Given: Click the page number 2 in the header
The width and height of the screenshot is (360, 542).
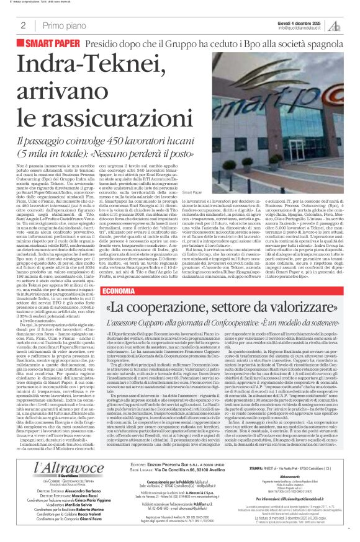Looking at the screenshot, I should pos(22,25).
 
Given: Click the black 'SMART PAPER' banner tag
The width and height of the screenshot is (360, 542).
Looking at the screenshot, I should pos(56,45).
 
